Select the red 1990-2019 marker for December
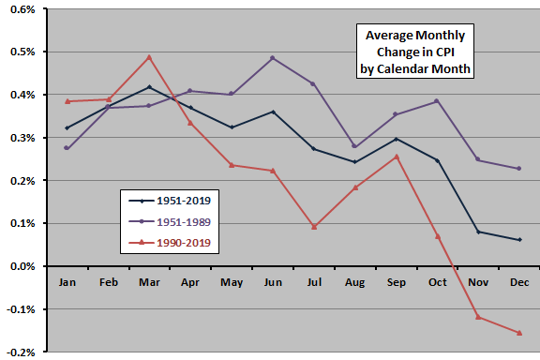point(518,333)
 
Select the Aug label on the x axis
point(356,281)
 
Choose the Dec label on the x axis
point(518,281)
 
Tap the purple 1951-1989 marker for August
point(356,146)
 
